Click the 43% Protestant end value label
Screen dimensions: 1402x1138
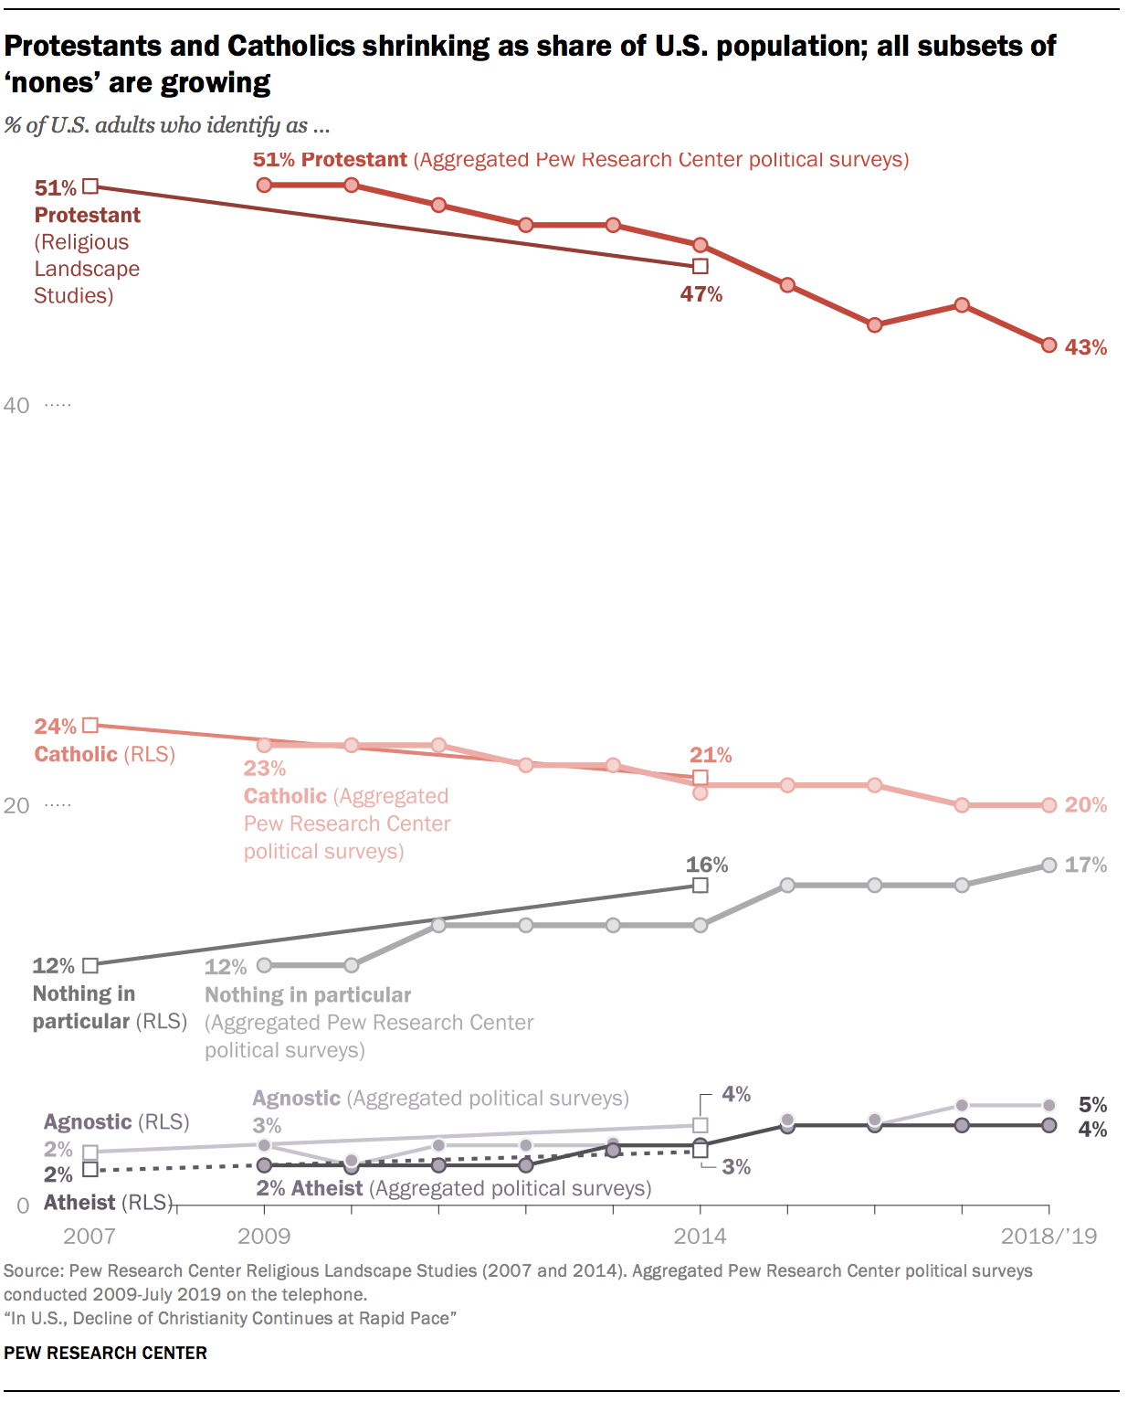(x=1085, y=347)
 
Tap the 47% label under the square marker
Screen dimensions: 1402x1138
(x=701, y=294)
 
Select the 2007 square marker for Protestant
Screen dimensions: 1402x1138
(x=90, y=186)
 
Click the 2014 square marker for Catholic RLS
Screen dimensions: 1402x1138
(x=701, y=778)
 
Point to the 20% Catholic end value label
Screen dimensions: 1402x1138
(x=1085, y=805)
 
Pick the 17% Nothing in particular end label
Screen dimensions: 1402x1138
(x=1085, y=865)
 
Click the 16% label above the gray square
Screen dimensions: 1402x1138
(x=707, y=865)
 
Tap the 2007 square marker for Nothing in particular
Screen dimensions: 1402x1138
(x=90, y=965)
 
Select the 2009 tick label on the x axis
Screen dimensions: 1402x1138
(x=264, y=1237)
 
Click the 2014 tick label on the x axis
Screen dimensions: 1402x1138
(x=701, y=1237)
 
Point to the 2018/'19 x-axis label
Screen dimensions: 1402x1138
(x=1048, y=1237)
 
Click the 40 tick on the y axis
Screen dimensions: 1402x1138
(x=16, y=405)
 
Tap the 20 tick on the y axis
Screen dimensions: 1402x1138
(x=16, y=805)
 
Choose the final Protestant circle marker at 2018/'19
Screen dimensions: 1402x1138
(x=1049, y=345)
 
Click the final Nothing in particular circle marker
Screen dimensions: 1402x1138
(x=1049, y=865)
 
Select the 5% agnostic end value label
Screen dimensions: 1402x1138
(x=1092, y=1105)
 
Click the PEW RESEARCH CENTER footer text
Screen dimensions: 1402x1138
(x=105, y=1353)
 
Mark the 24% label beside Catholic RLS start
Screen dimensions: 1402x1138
(x=55, y=727)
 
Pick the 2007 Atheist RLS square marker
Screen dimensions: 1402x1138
(x=90, y=1169)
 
